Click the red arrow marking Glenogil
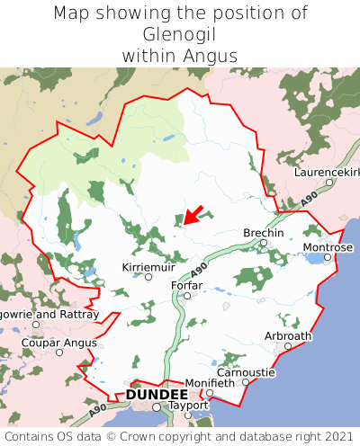193,215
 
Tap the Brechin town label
264,233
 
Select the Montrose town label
328,246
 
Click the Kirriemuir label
148,267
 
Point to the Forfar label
186,285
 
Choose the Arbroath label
288,335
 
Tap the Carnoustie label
245,371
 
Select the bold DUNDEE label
157,394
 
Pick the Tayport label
188,405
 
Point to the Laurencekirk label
328,171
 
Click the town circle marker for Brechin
264,243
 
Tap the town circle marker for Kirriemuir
148,277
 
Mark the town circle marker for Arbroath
288,345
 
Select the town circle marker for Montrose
328,257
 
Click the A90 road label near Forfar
200,269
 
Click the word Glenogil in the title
180,35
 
